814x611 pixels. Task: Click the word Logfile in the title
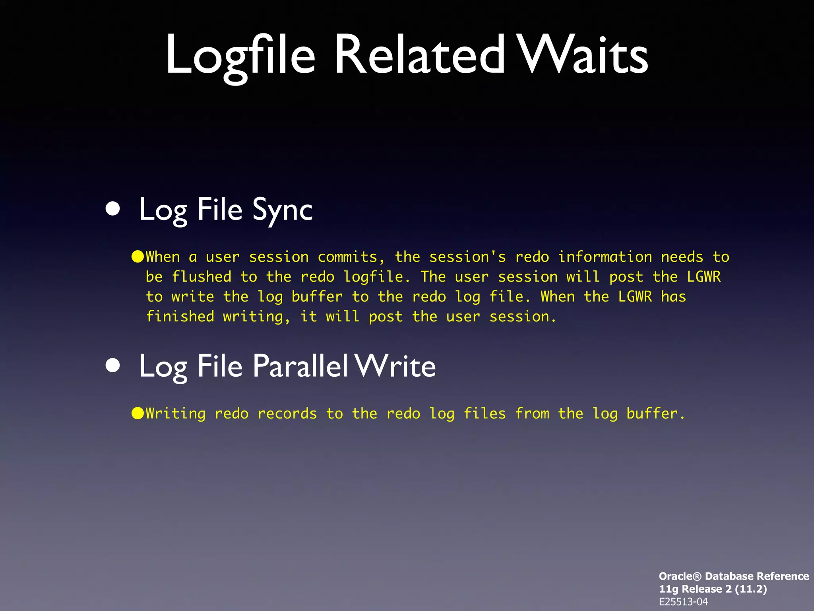240,56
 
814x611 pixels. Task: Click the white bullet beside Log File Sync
113,209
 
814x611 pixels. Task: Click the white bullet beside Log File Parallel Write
113,365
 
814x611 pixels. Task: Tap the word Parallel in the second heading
300,366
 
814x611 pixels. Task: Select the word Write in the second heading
395,366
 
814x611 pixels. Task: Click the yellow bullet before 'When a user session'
138,257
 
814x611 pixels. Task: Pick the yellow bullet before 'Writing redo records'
138,413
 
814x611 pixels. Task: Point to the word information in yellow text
605,257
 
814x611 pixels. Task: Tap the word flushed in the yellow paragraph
202,277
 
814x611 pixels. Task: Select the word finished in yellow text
180,317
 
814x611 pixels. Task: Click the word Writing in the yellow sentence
176,414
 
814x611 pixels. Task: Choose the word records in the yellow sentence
287,414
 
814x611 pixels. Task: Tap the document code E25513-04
683,602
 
